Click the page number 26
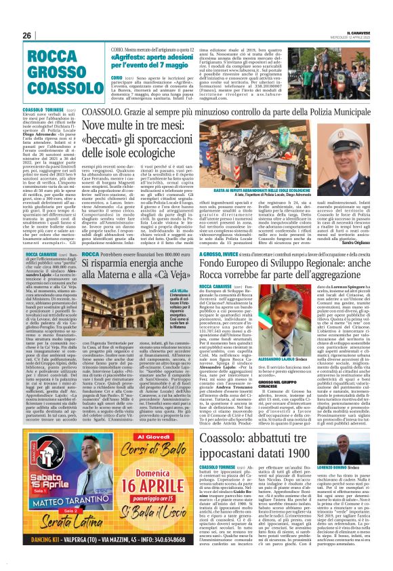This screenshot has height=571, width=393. coord(27,36)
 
